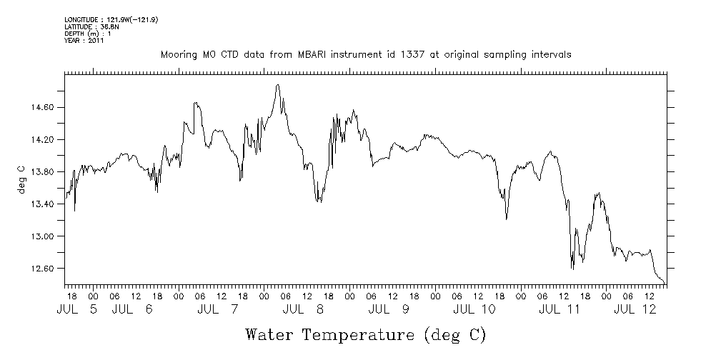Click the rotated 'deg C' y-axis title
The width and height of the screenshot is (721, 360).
click(21, 179)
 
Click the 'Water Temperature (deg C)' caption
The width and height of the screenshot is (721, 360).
click(366, 334)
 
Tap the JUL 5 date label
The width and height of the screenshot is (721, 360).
click(79, 309)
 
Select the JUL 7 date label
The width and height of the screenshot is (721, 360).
click(218, 309)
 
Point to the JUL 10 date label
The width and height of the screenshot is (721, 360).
click(474, 309)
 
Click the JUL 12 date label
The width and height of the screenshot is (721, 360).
click(635, 309)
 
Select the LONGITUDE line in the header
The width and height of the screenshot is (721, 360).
click(111, 19)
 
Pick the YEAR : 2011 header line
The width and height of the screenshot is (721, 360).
click(84, 41)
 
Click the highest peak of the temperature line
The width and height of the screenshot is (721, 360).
click(277, 85)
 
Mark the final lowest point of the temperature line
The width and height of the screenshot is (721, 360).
click(664, 283)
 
